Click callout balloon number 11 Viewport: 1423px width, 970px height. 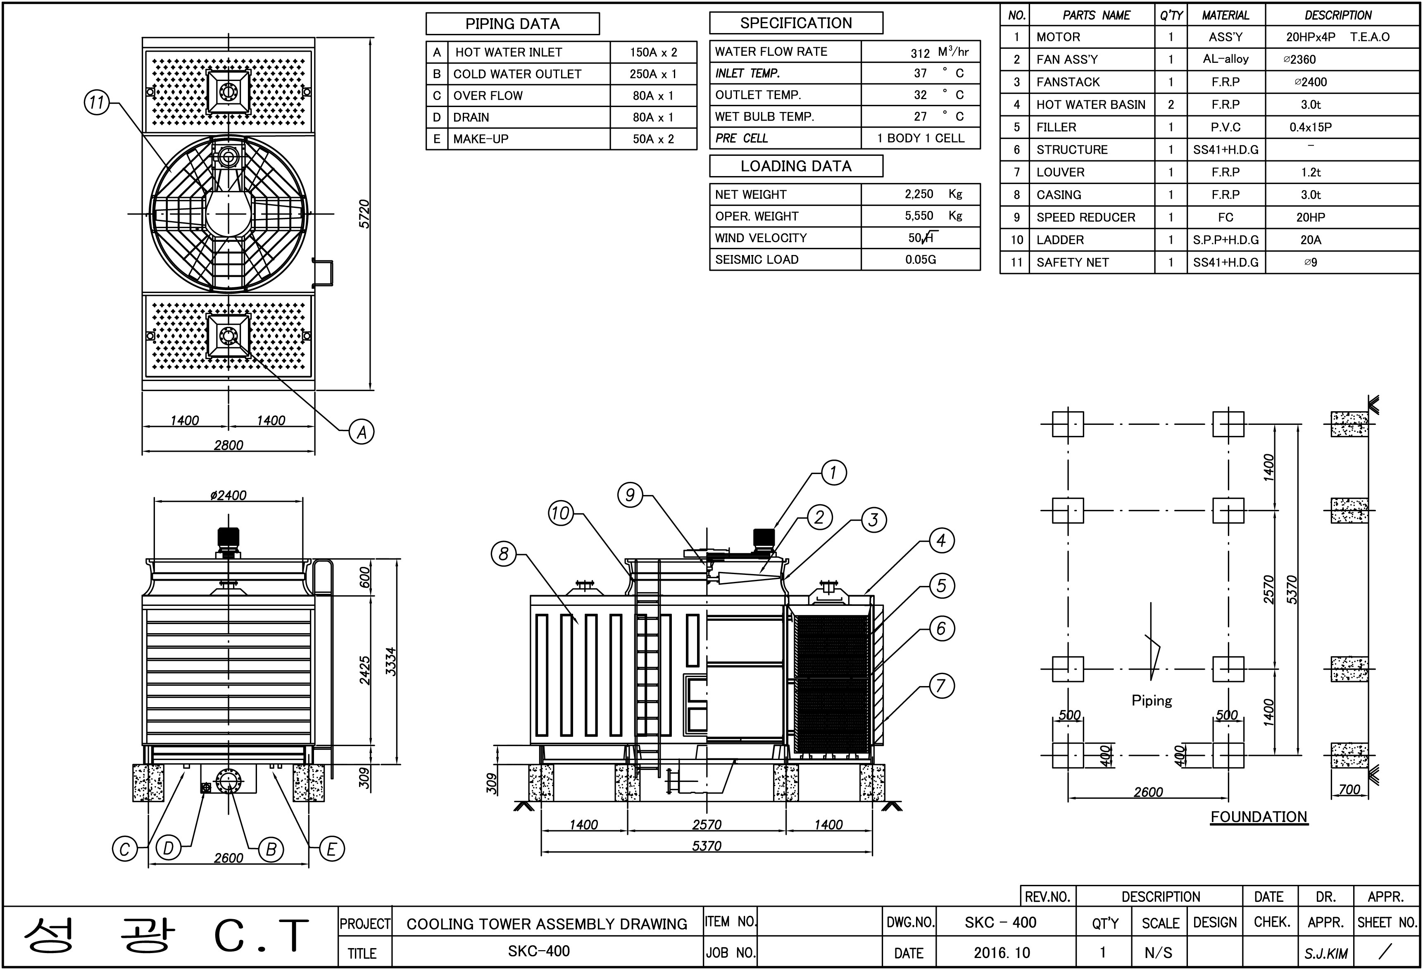(97, 102)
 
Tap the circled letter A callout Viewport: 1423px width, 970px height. (362, 432)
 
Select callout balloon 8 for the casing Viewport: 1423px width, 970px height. (504, 554)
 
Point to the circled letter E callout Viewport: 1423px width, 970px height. (332, 849)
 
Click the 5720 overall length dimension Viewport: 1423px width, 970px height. (364, 214)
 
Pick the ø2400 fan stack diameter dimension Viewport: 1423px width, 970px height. (228, 495)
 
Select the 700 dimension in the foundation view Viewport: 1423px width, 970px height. (1349, 789)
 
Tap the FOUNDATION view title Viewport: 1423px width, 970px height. (1259, 817)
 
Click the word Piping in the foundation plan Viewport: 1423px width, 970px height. (1152, 701)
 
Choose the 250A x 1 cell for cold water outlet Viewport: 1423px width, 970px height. (653, 74)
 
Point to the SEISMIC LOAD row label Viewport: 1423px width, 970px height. (757, 260)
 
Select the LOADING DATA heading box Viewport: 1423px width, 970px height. (796, 166)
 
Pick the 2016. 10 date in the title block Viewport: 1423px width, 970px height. (1002, 953)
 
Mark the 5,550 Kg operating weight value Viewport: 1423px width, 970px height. (934, 216)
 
